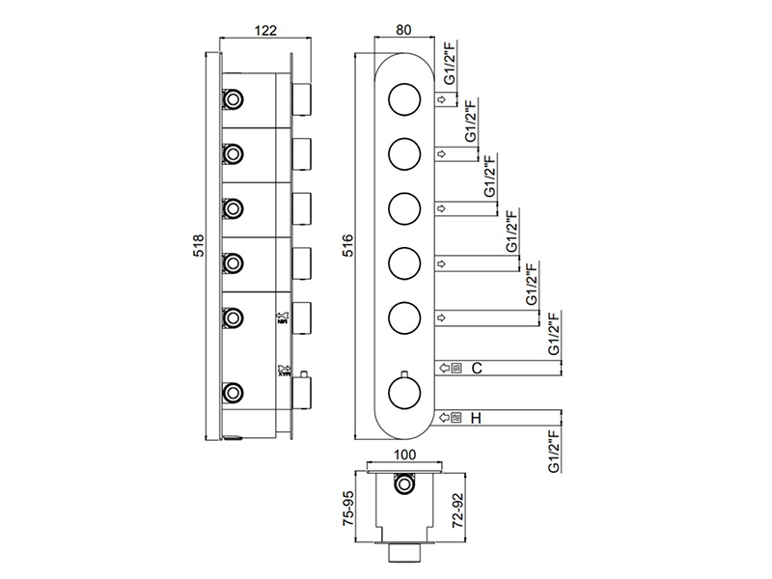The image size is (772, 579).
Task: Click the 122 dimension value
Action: (x=265, y=29)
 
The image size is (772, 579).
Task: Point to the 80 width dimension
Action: (x=406, y=29)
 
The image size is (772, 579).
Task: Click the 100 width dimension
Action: (x=405, y=454)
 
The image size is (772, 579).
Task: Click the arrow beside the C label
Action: (x=445, y=368)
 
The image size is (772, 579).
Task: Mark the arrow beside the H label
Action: (x=445, y=418)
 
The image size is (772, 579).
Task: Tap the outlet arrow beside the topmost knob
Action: (x=440, y=99)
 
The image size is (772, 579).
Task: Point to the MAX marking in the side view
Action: (x=284, y=370)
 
